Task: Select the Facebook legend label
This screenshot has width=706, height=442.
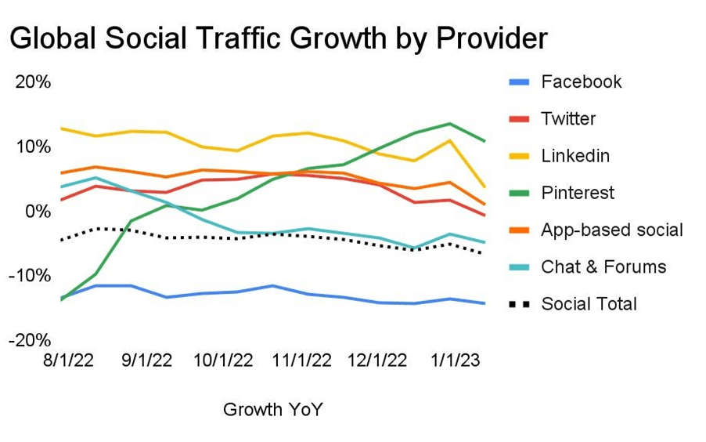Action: point(581,82)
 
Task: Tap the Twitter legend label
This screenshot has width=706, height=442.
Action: point(568,119)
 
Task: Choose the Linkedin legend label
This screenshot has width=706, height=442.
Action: point(575,156)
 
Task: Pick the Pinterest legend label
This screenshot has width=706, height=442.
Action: point(578,193)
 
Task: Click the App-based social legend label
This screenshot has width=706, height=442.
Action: point(612,230)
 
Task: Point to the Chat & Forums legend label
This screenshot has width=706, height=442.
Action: point(603,266)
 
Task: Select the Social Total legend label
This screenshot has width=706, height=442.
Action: point(589,304)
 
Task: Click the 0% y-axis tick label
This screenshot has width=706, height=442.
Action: point(38,211)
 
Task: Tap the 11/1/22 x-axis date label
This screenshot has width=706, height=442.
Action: point(301,361)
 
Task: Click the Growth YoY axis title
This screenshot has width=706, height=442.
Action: point(272,409)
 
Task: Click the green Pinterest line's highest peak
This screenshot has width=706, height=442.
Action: point(449,123)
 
